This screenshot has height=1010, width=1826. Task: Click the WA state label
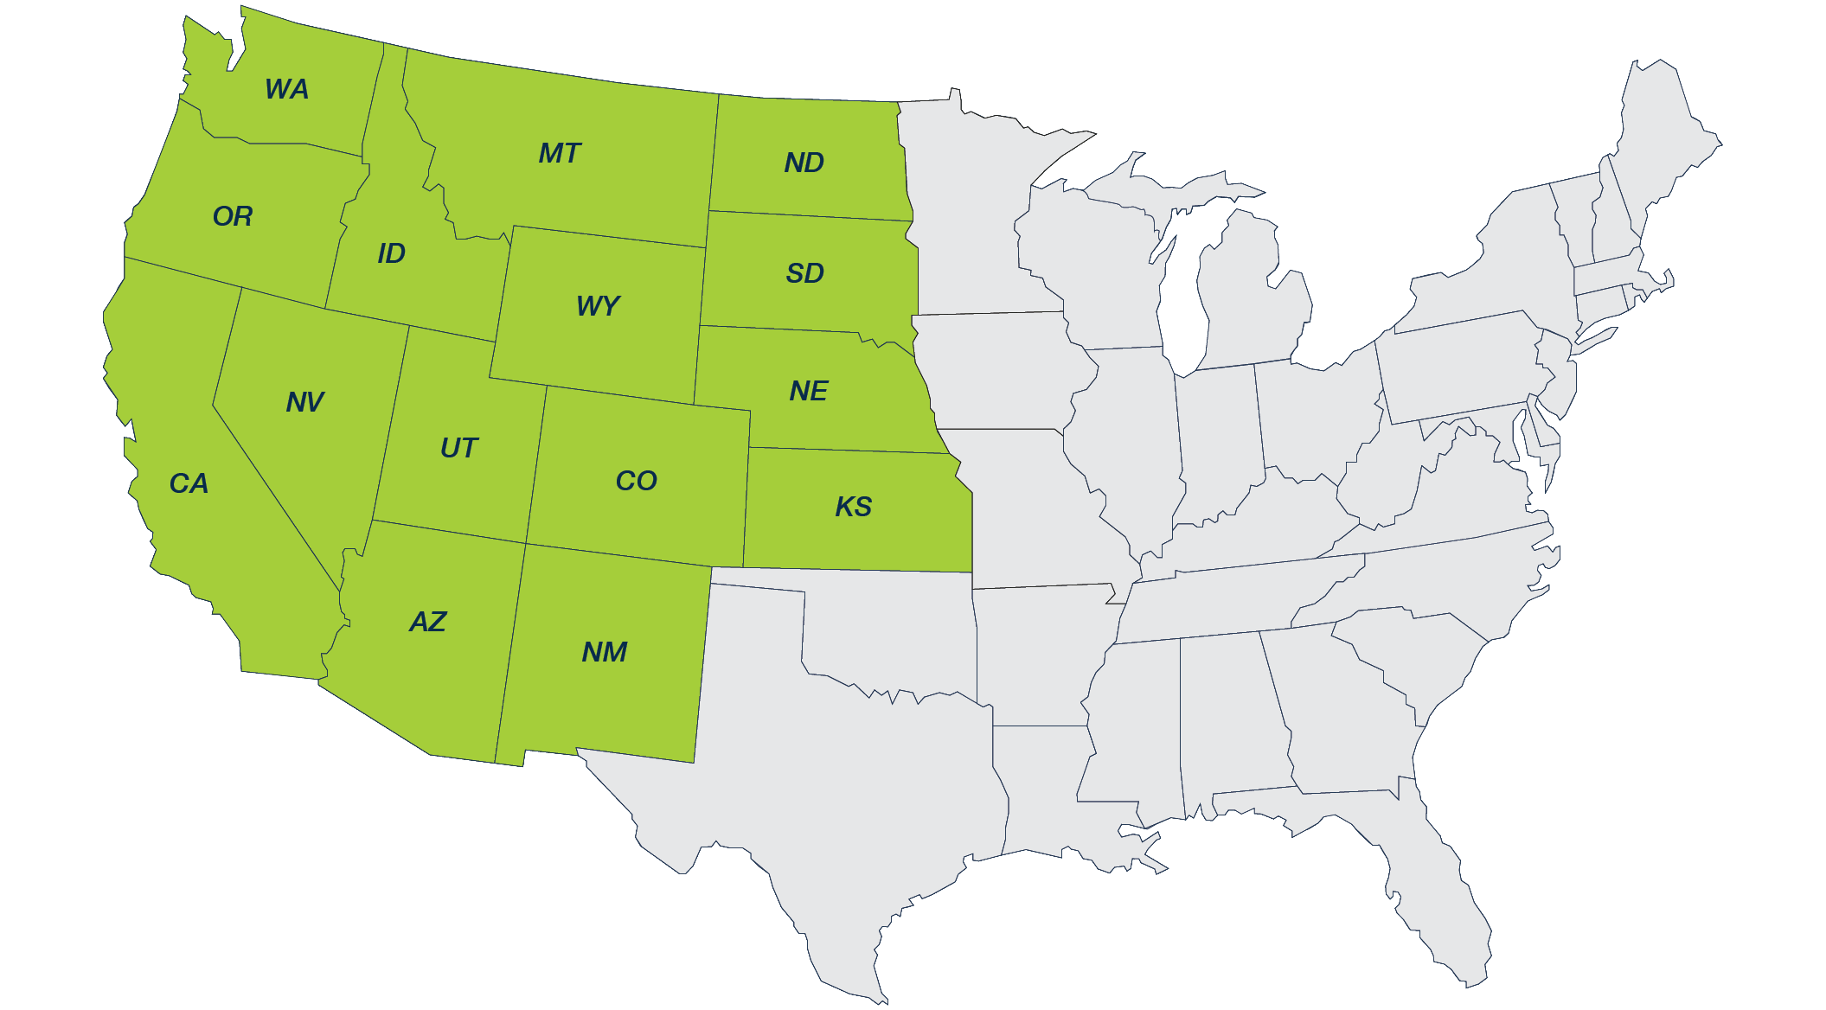[x=286, y=89]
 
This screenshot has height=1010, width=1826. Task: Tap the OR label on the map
[x=233, y=216]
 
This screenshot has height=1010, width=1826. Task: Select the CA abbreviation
[x=189, y=483]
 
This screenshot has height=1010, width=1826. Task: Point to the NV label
[x=304, y=402]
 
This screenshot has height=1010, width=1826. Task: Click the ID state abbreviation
[x=391, y=253]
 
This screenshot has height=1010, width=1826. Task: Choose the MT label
[x=560, y=154]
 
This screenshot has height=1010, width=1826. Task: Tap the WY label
[x=598, y=306]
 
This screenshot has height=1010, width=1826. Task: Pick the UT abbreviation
[x=458, y=448]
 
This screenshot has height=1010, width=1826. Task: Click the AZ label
[x=427, y=622]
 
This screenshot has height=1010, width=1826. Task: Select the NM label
[x=604, y=652]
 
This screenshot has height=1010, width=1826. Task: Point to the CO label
[x=636, y=481]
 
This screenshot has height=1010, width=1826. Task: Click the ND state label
[x=804, y=163]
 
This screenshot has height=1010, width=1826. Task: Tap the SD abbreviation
[x=804, y=273]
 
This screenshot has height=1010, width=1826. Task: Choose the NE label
[x=808, y=391]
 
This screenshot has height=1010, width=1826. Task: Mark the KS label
[x=853, y=507]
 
